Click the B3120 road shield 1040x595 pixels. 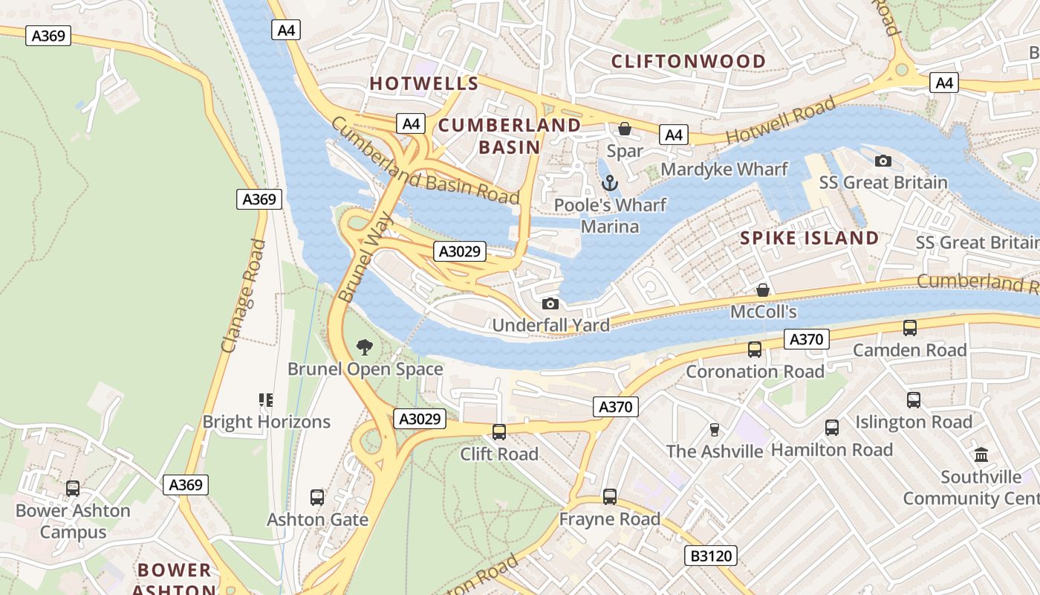coord(709,556)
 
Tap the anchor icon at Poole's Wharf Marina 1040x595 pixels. coord(610,182)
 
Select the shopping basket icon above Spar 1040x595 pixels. coord(625,129)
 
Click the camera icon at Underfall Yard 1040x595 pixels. coord(550,303)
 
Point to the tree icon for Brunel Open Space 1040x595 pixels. coord(364,347)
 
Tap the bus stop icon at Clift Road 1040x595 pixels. coord(499,431)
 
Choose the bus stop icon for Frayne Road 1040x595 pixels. coord(610,496)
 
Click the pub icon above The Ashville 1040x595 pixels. coord(715,429)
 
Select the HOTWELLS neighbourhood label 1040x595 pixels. coord(424,83)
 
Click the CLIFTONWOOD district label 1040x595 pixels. coord(688,61)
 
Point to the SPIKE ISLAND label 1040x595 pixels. coord(810,238)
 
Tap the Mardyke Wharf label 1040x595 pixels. coord(724,169)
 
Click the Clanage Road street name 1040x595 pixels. coord(243,295)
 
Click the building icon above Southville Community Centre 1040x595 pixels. coord(981,454)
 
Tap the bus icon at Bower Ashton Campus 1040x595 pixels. coord(73,489)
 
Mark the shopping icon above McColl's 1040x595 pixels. coord(762,290)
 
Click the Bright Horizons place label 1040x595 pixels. coord(266,422)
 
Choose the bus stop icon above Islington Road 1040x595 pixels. coord(914,400)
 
